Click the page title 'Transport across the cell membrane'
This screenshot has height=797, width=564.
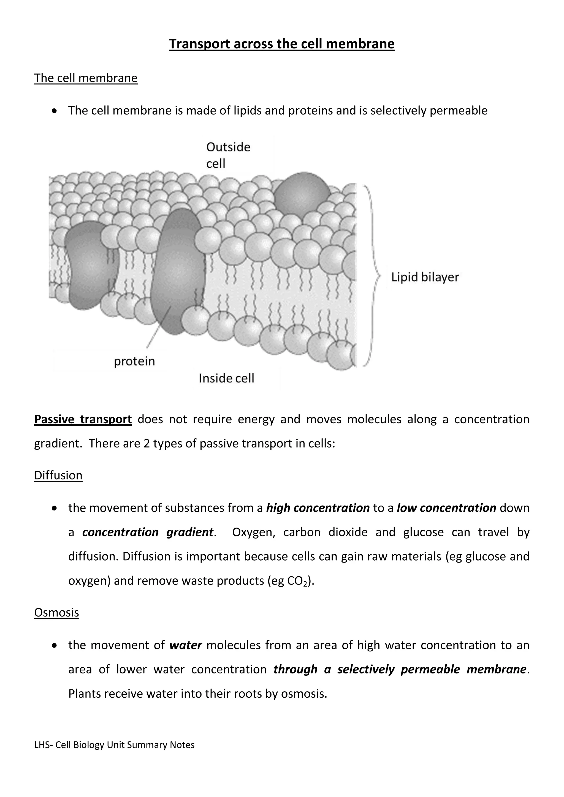(282, 44)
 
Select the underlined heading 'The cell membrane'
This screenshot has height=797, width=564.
(86, 78)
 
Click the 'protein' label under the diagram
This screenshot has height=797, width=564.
(134, 361)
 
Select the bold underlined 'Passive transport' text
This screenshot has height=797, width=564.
(83, 419)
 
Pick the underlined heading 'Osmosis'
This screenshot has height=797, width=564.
(57, 612)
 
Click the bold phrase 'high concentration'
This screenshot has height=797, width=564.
(318, 508)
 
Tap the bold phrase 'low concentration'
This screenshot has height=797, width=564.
(446, 508)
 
